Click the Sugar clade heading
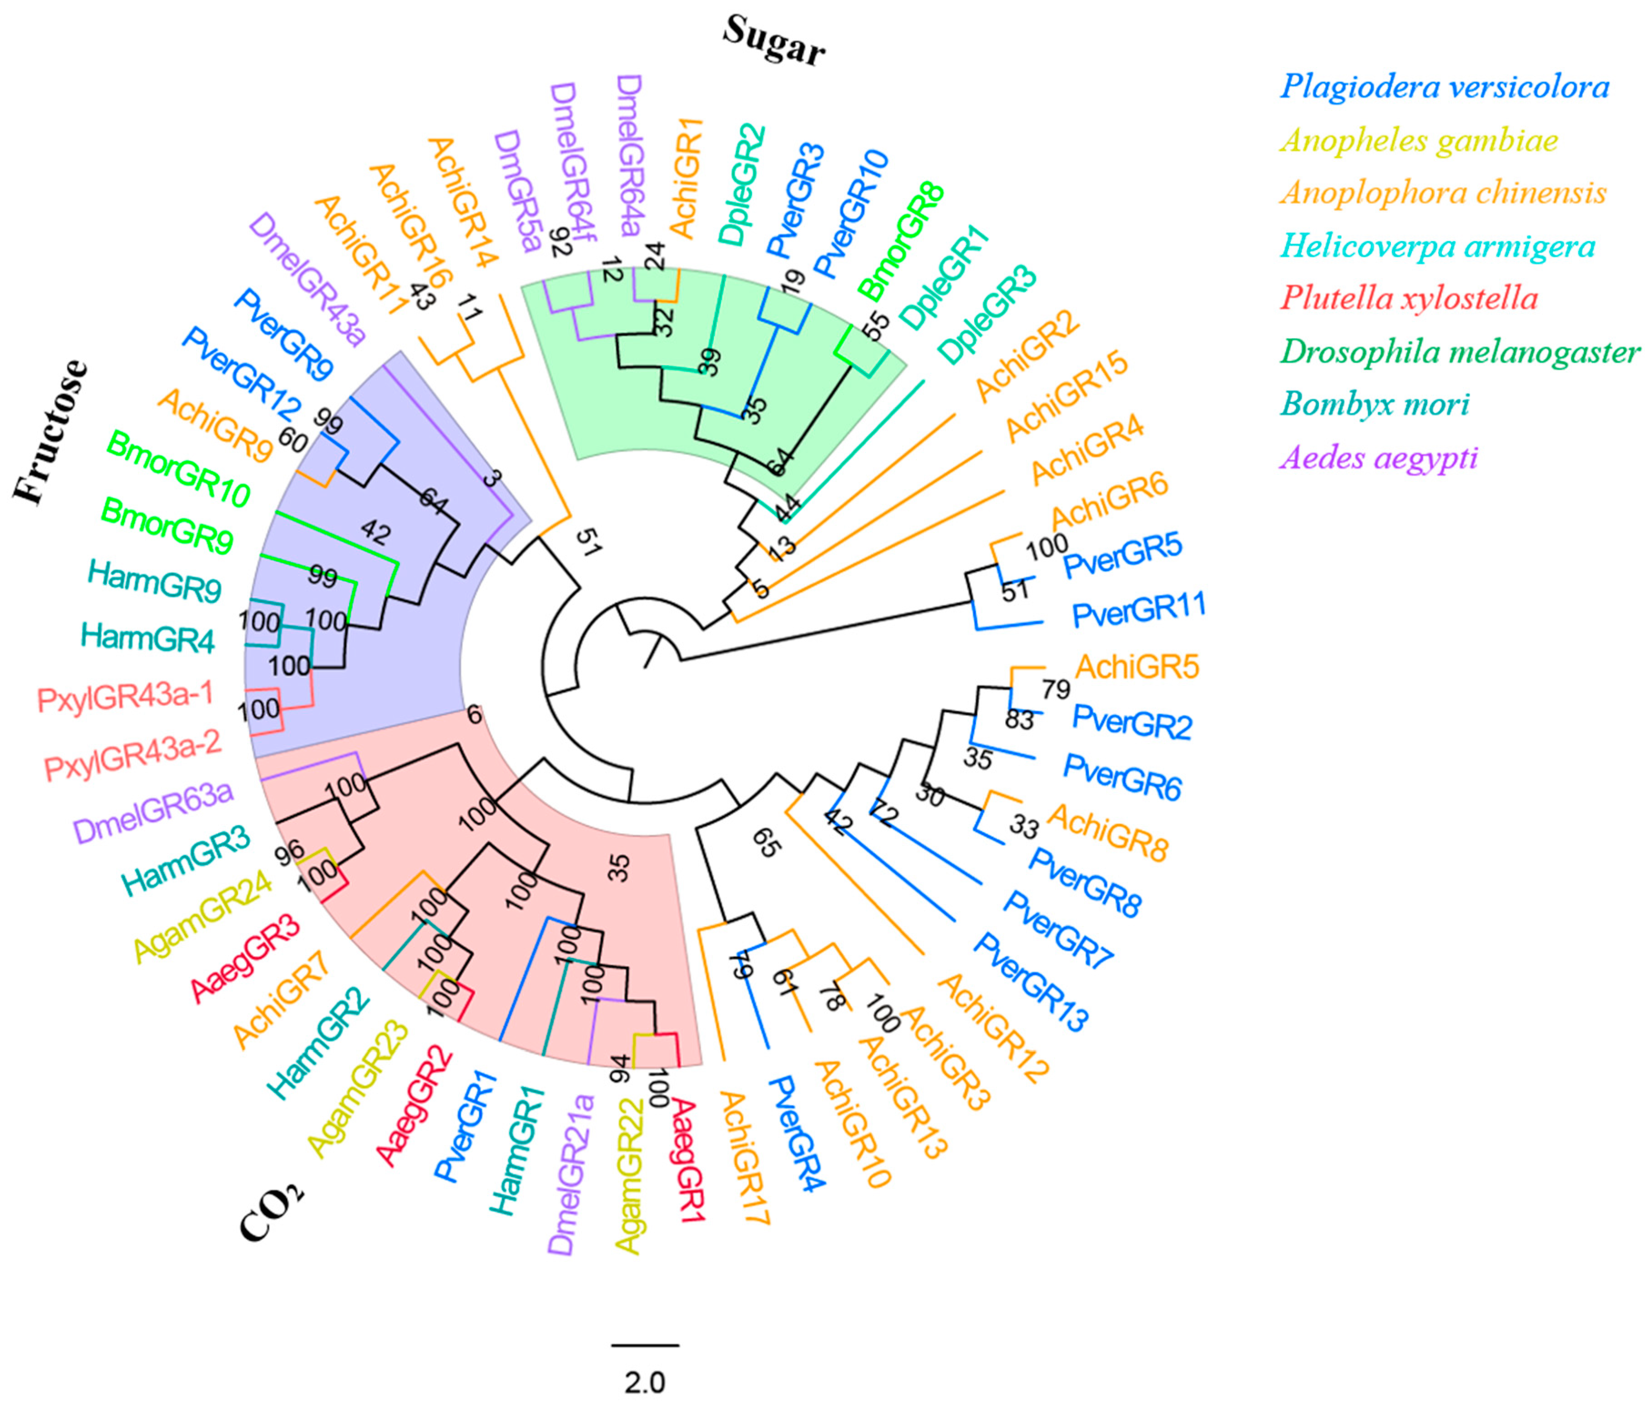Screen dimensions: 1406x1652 coord(773,41)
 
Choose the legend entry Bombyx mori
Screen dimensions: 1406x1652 coord(1374,404)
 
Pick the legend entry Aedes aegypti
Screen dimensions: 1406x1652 coord(1379,457)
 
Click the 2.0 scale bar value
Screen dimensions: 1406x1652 coord(644,1382)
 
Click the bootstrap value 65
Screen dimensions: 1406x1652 coord(766,843)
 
